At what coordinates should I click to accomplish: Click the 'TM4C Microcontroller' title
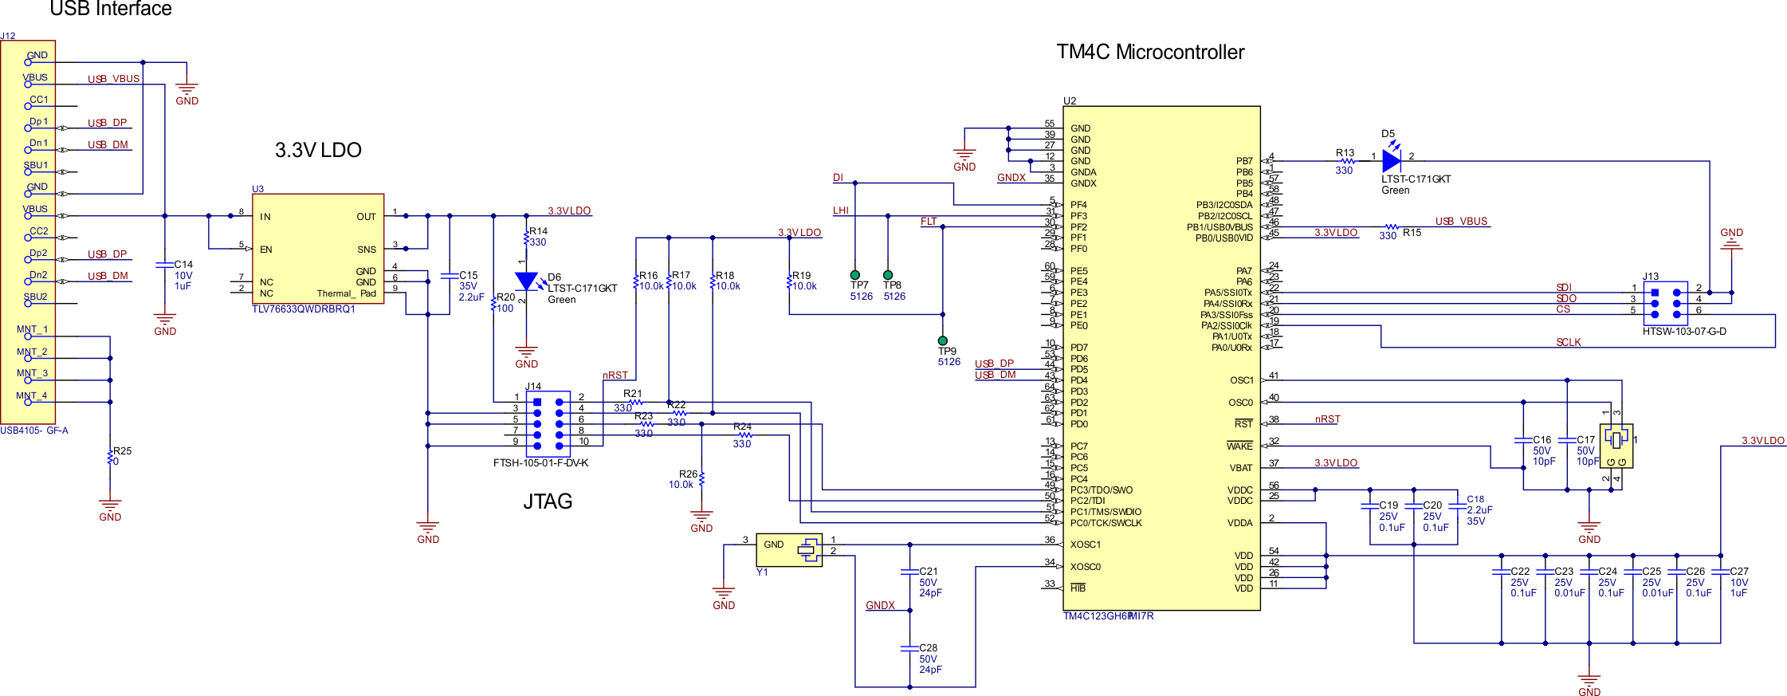point(1149,53)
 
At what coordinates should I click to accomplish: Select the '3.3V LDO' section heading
point(318,150)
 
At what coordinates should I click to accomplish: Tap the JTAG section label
point(548,501)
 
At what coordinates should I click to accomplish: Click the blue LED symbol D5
point(1391,160)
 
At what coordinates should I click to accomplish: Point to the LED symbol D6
point(526,281)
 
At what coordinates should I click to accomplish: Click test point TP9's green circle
point(943,340)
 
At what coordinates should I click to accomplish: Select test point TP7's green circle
point(855,275)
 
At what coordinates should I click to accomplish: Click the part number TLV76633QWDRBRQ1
point(304,309)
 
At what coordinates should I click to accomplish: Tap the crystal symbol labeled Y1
point(807,549)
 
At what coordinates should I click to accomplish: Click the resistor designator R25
point(122,450)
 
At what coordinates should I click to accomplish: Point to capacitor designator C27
point(1739,572)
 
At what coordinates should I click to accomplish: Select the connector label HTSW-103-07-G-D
point(1684,332)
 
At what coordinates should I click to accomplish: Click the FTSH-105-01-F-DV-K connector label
point(540,463)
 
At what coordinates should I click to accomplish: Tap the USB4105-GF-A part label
point(34,431)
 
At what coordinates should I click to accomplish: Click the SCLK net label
point(1568,342)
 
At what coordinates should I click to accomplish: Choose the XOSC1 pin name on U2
point(1085,545)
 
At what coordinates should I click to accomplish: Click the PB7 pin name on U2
point(1243,161)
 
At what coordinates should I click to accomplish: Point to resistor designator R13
point(1345,152)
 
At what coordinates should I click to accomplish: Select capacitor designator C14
point(183,265)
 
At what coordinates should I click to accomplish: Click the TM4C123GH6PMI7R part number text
point(1108,616)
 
